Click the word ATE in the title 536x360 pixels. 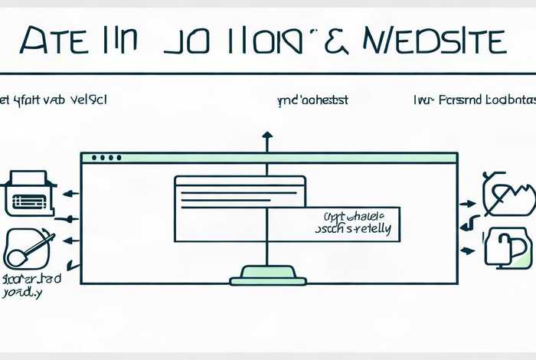click(x=51, y=41)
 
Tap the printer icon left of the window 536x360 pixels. click(x=29, y=194)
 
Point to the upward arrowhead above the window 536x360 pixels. click(x=266, y=136)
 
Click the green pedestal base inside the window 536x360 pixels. click(x=267, y=274)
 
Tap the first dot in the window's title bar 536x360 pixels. click(x=94, y=158)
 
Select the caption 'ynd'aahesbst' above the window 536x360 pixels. click(x=312, y=100)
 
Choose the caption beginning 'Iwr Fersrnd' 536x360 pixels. click(x=469, y=100)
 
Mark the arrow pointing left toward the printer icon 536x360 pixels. click(x=70, y=195)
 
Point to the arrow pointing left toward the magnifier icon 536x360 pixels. click(x=70, y=241)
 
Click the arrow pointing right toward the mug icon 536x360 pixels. click(x=467, y=249)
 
